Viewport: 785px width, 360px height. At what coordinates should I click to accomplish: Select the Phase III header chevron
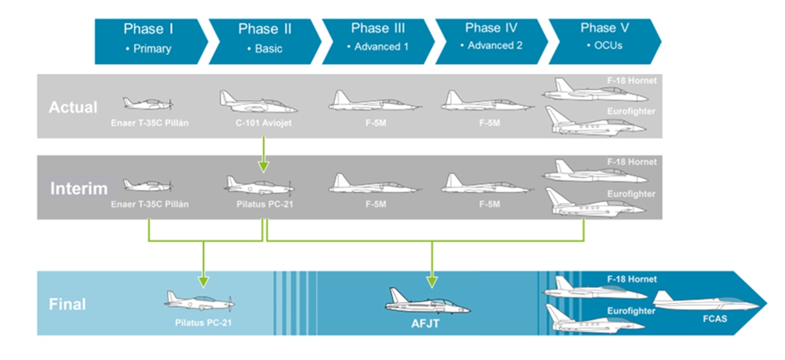pyautogui.click(x=377, y=39)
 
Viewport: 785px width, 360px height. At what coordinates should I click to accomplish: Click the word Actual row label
pyautogui.click(x=73, y=107)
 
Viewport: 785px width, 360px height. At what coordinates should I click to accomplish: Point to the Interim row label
pyautogui.click(x=78, y=189)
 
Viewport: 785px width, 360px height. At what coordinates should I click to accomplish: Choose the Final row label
pyautogui.click(x=67, y=304)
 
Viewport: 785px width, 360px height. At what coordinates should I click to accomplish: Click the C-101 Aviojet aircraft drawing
pyautogui.click(x=257, y=103)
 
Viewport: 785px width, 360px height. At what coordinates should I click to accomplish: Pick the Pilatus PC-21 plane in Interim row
pyautogui.click(x=259, y=185)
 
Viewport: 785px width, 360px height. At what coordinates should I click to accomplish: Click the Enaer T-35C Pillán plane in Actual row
pyautogui.click(x=147, y=103)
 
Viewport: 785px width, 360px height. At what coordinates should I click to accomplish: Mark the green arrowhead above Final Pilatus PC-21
pyautogui.click(x=203, y=281)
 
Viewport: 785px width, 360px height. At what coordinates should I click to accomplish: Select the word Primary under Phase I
pyautogui.click(x=152, y=48)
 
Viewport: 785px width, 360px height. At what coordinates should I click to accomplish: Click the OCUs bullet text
pyautogui.click(x=608, y=46)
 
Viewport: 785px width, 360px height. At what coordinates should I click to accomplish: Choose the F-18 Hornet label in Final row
pyautogui.click(x=633, y=279)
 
